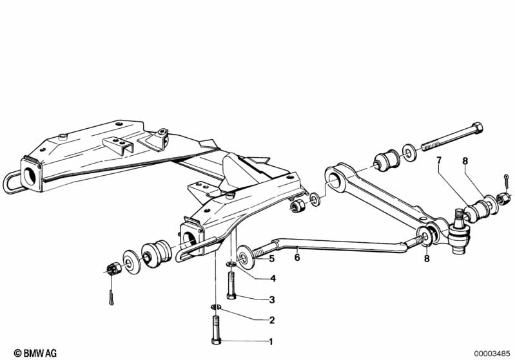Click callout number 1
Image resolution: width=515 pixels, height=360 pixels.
click(271, 341)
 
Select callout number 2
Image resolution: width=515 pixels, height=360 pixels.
click(271, 320)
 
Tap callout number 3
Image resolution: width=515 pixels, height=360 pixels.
click(271, 299)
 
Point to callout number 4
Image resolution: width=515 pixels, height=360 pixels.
click(273, 279)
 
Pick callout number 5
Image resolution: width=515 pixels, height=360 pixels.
click(271, 259)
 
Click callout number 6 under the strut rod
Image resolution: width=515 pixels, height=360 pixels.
click(297, 258)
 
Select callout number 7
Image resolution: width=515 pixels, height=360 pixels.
click(439, 160)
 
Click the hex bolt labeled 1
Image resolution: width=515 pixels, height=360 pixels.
click(216, 330)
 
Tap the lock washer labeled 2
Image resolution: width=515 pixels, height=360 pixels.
click(215, 307)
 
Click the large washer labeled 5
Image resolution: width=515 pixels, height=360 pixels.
click(245, 257)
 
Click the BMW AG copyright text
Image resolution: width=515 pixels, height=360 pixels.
click(35, 353)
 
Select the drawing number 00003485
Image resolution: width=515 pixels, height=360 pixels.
click(492, 354)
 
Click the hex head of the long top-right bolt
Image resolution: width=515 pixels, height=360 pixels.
click(476, 128)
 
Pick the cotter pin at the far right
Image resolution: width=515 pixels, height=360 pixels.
click(507, 181)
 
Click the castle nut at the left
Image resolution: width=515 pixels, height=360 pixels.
click(114, 269)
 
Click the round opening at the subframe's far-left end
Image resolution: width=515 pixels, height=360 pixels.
click(30, 176)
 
